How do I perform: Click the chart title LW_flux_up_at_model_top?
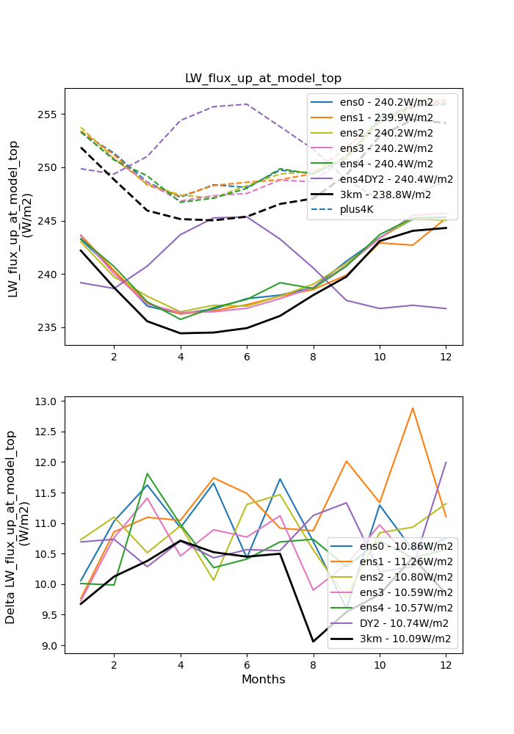point(263,79)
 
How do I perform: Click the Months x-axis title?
point(263,680)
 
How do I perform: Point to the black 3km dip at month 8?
point(313,642)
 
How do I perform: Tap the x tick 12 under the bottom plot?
point(446,664)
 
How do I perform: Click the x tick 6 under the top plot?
point(247,356)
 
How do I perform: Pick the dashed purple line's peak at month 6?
point(247,104)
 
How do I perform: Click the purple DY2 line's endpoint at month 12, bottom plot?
point(446,462)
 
